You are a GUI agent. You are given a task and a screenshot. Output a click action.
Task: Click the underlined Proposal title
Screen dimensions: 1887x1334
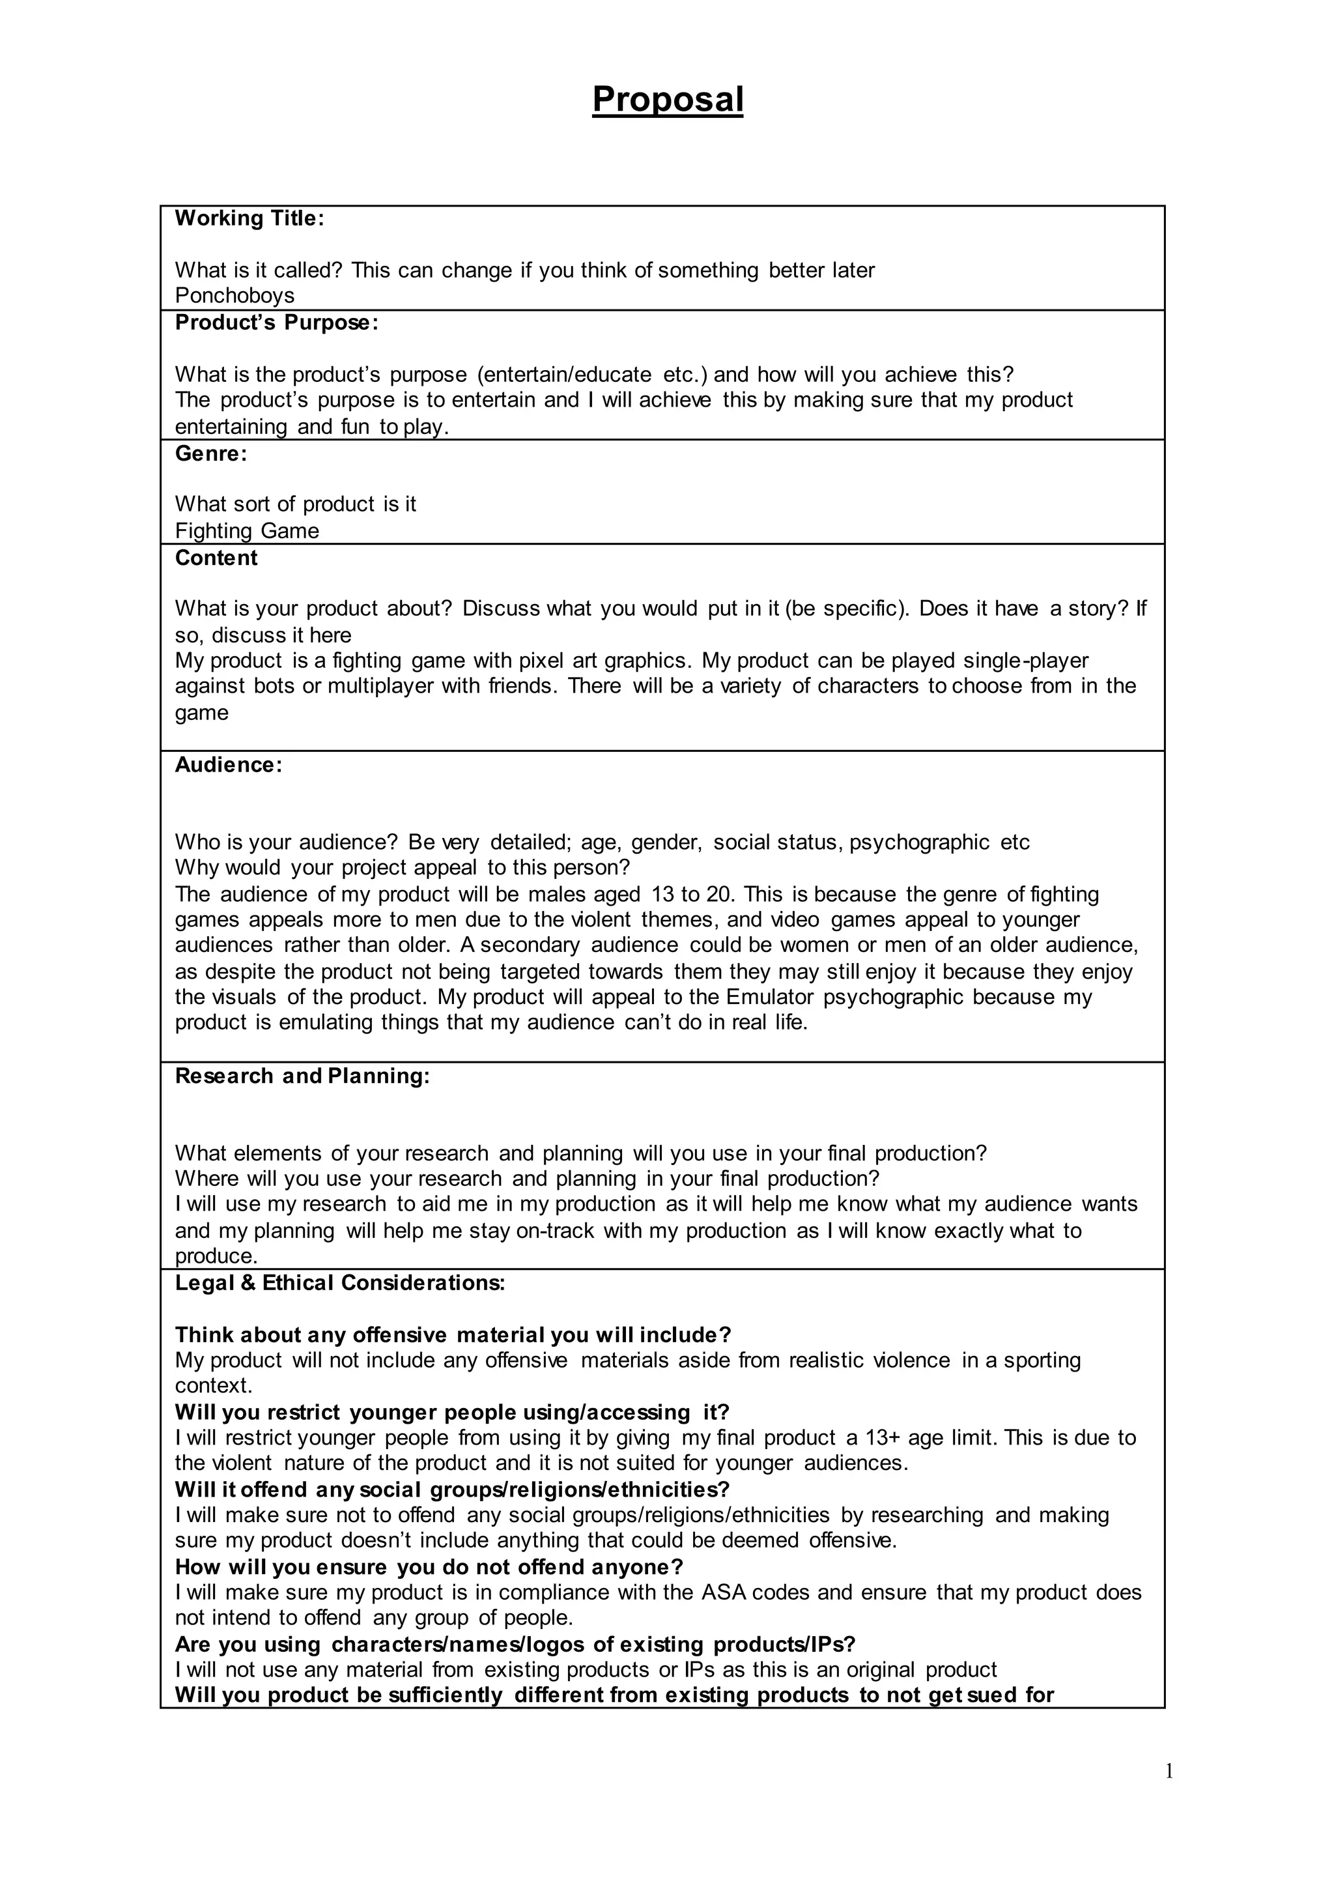pyautogui.click(x=667, y=100)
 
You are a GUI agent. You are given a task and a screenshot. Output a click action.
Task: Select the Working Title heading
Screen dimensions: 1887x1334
pyautogui.click(x=249, y=219)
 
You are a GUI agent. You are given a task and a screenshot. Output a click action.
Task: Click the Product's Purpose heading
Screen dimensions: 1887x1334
pyautogui.click(x=277, y=323)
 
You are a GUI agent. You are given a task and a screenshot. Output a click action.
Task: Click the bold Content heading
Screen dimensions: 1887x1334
pyautogui.click(x=216, y=558)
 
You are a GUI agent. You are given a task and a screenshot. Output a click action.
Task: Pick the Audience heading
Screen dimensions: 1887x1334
pyautogui.click(x=229, y=765)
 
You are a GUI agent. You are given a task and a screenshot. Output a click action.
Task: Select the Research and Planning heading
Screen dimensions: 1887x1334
pyautogui.click(x=302, y=1076)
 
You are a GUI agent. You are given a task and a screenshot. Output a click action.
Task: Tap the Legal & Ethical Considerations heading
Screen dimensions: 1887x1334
pyautogui.click(x=340, y=1283)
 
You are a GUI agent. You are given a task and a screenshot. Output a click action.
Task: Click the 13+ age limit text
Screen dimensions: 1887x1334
pyautogui.click(x=904, y=1438)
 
